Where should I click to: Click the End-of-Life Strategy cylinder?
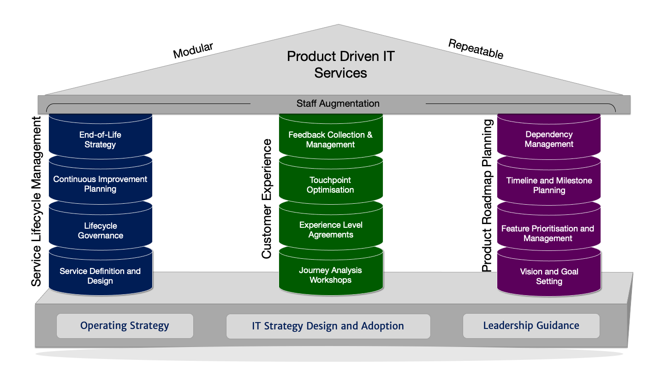click(100, 140)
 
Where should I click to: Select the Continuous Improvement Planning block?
click(100, 184)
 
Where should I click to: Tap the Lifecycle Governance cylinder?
click(100, 231)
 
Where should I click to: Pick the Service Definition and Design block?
click(100, 276)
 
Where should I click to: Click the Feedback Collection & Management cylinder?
click(330, 140)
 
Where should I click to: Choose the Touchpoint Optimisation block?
click(330, 185)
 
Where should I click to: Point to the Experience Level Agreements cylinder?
click(330, 230)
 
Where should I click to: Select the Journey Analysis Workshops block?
click(330, 275)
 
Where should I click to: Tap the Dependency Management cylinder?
click(549, 139)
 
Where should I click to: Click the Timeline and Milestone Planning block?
click(549, 185)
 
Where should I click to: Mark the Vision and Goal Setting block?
click(549, 276)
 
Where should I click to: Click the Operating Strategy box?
click(125, 326)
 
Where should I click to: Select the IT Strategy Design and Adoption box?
click(328, 326)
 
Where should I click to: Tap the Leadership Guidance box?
click(531, 326)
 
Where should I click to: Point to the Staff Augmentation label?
click(338, 103)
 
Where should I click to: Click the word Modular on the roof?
click(193, 50)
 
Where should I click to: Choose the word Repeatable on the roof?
click(476, 49)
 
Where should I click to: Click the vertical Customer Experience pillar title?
click(267, 199)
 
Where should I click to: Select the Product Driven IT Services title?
click(340, 64)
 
